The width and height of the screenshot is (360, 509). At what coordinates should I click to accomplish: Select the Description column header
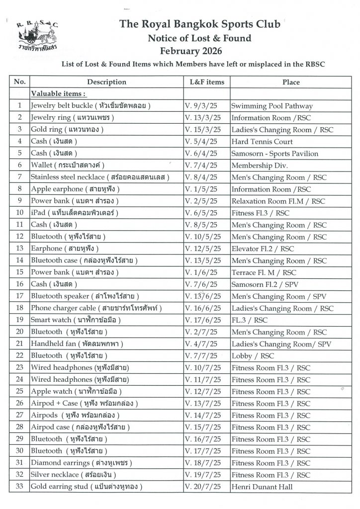click(x=106, y=82)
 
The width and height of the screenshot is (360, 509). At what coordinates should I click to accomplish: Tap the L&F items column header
click(x=207, y=82)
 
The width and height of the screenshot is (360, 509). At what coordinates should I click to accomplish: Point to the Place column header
click(x=291, y=82)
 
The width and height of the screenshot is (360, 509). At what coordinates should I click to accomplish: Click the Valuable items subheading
click(x=58, y=93)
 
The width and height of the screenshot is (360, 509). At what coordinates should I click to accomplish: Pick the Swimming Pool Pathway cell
click(x=271, y=106)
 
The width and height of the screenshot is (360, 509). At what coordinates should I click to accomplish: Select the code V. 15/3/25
click(x=202, y=130)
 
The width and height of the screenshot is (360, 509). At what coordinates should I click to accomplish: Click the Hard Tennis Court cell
click(x=262, y=142)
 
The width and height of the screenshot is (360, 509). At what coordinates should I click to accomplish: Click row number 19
click(x=20, y=321)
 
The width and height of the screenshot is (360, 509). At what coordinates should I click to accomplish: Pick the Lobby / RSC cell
click(x=253, y=356)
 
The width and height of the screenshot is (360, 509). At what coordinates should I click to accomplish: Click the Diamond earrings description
click(x=81, y=464)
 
